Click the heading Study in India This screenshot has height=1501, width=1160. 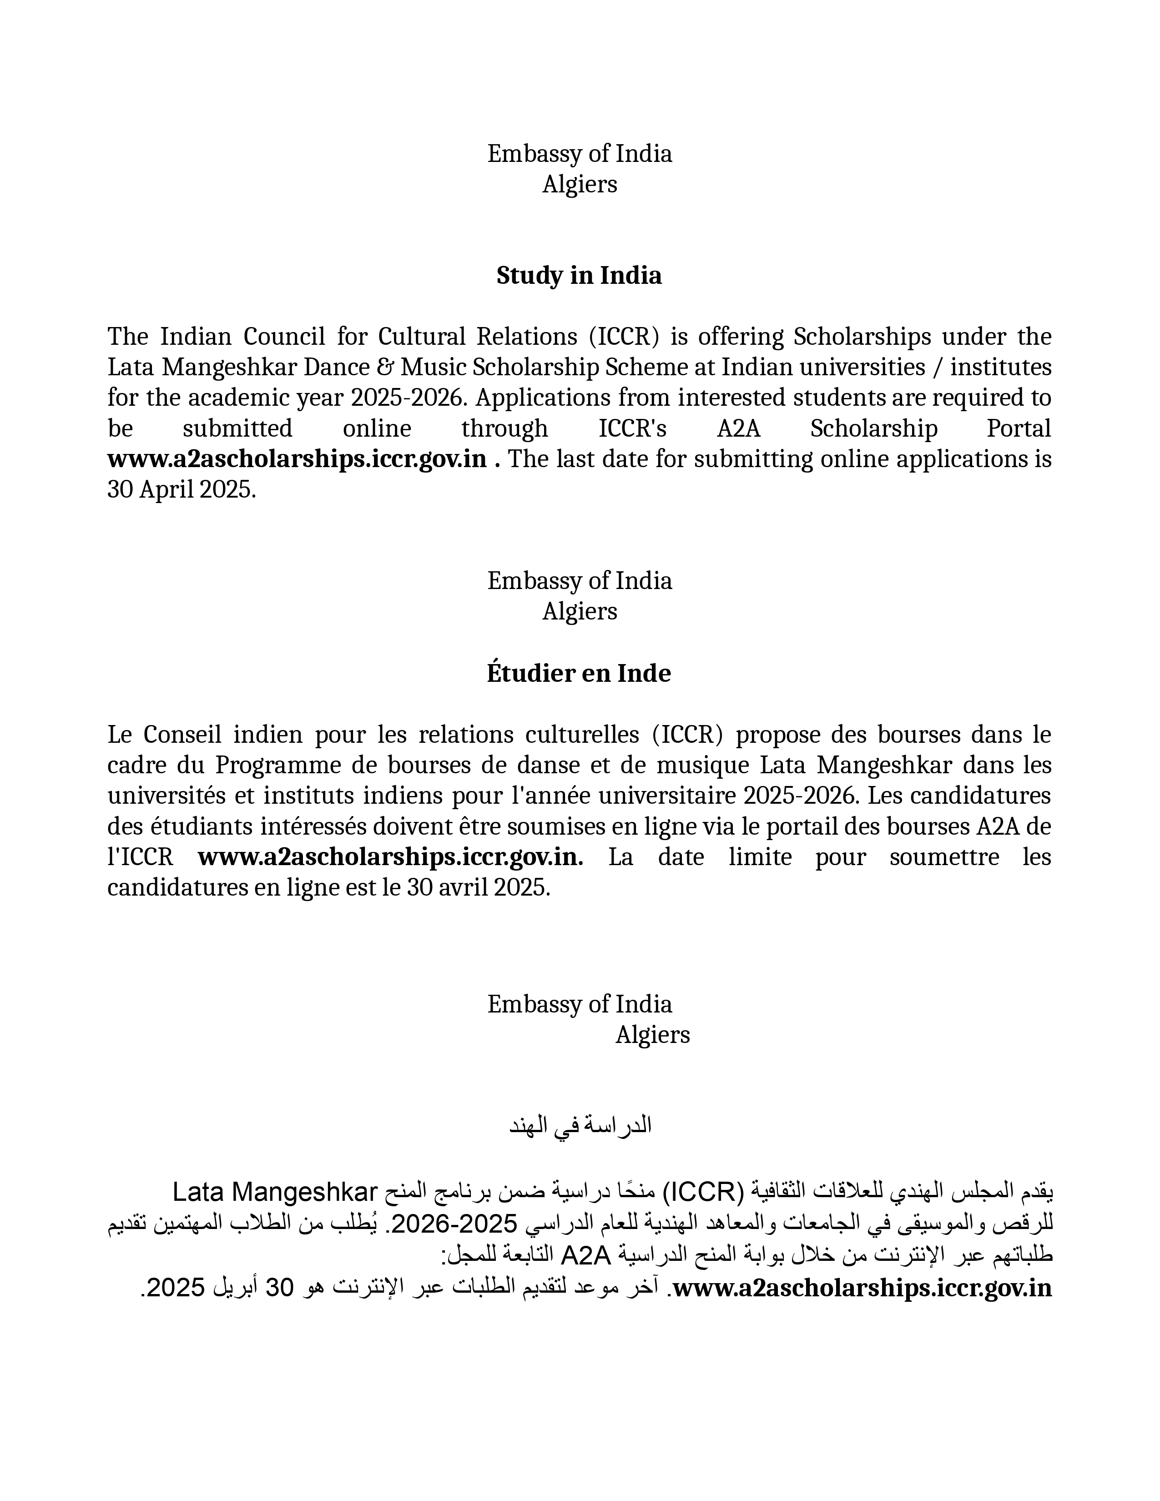[x=579, y=276]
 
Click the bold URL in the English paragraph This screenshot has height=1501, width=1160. [x=297, y=458]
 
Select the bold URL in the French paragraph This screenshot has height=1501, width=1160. [x=390, y=857]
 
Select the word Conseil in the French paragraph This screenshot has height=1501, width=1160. [x=182, y=735]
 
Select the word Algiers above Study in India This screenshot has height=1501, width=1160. [x=579, y=184]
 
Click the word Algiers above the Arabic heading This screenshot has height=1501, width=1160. [x=652, y=1035]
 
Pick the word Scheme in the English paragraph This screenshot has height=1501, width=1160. [x=660, y=367]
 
